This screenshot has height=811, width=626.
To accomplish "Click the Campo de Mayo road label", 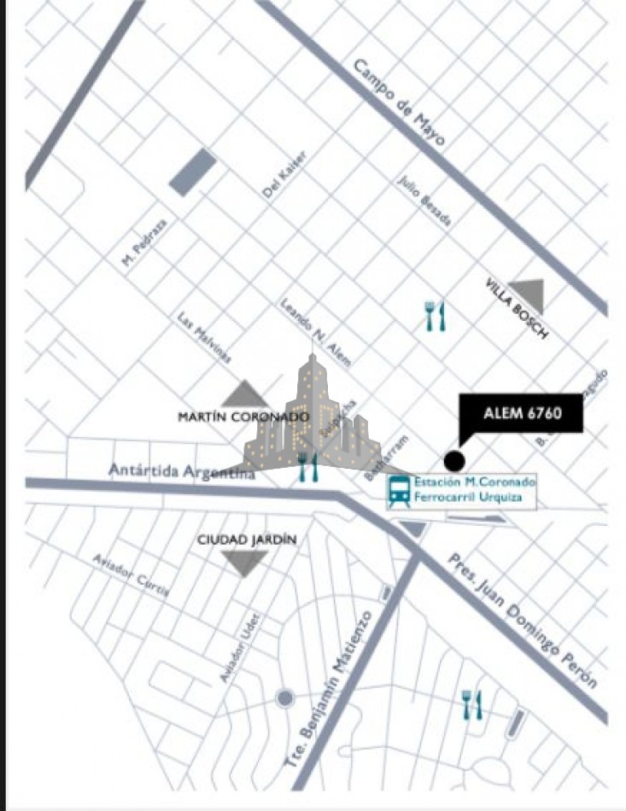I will tap(399, 102).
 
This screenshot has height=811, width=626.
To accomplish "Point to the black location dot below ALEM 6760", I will tap(454, 461).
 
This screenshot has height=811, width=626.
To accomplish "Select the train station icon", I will tap(399, 492).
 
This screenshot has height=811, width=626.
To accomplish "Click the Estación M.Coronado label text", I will tap(475, 482).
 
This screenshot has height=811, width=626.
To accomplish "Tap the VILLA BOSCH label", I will tap(516, 308).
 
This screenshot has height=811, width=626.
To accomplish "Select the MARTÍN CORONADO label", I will tap(243, 417).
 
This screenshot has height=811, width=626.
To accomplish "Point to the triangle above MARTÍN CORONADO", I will tap(245, 394).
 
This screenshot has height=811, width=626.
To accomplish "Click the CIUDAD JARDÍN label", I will tap(247, 540).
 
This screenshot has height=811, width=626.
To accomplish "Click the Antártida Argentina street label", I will tap(182, 471).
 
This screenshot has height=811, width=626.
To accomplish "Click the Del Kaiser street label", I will tap(284, 176).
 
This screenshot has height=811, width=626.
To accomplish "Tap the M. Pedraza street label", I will tap(144, 242).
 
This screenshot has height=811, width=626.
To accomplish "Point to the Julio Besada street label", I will tap(424, 201).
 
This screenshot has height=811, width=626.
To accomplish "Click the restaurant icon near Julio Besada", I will tap(436, 316).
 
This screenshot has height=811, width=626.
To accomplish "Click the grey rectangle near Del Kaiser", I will tap(192, 172).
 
